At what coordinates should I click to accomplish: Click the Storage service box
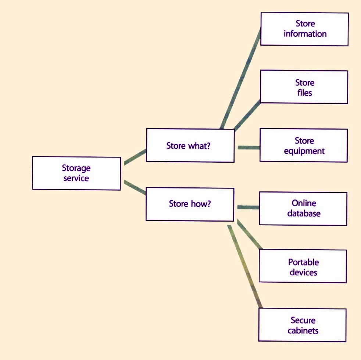tap(76, 173)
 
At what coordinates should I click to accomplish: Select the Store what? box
tap(190, 145)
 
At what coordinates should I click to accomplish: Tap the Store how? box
tap(190, 204)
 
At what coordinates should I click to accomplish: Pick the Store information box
tap(304, 29)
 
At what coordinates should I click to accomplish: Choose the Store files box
tap(304, 87)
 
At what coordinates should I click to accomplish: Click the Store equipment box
tap(304, 145)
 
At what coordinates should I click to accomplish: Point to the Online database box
tap(303, 208)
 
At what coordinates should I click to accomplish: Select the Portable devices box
tap(303, 267)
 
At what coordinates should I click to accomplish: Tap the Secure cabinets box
tap(303, 325)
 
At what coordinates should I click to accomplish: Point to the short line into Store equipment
tap(249, 148)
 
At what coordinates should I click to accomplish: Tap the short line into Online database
tap(248, 208)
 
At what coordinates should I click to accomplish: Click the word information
tap(305, 34)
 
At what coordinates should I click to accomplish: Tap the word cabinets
tap(303, 330)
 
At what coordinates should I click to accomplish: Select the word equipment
tap(304, 151)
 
